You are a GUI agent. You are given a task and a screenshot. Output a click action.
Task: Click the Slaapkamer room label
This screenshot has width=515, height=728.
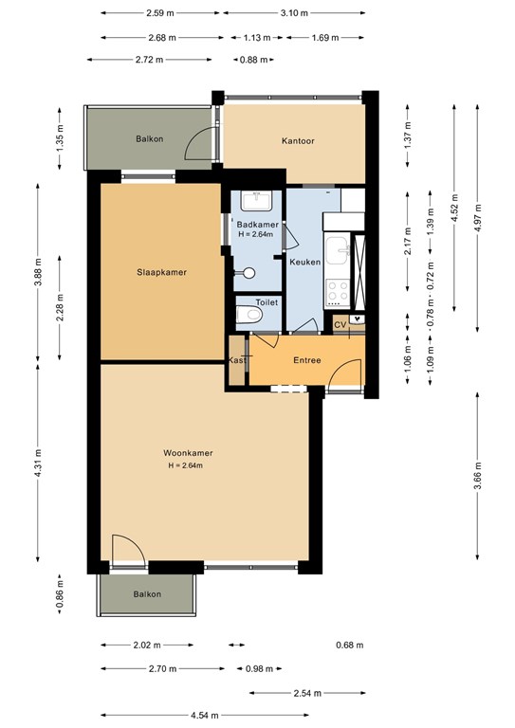tap(159, 272)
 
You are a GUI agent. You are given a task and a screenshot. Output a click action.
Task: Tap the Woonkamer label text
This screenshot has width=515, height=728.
tap(185, 453)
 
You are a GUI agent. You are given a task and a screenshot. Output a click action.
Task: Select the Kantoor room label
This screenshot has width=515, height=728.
tap(298, 141)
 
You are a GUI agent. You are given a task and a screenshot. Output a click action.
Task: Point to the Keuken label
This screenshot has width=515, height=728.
tap(304, 262)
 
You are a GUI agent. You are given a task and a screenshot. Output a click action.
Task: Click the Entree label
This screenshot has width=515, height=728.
tap(306, 360)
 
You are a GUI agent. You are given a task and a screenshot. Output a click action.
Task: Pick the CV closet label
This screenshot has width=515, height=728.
tap(340, 324)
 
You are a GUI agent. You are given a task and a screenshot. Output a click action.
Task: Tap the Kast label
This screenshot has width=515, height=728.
tap(236, 360)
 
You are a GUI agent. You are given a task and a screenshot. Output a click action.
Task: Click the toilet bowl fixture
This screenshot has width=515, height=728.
tap(251, 317)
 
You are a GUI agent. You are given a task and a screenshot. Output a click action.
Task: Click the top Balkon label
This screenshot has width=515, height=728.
tap(149, 139)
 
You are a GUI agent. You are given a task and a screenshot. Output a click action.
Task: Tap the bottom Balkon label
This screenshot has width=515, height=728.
tap(147, 594)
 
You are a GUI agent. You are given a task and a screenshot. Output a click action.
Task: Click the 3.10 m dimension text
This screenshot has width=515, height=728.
tap(295, 13)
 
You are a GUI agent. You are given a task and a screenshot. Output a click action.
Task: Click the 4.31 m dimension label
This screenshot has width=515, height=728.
tap(39, 464)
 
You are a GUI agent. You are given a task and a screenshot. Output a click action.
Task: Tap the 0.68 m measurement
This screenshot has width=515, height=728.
tap(349, 645)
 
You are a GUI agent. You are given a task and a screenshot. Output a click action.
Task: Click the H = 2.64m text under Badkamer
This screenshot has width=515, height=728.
tap(255, 234)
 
